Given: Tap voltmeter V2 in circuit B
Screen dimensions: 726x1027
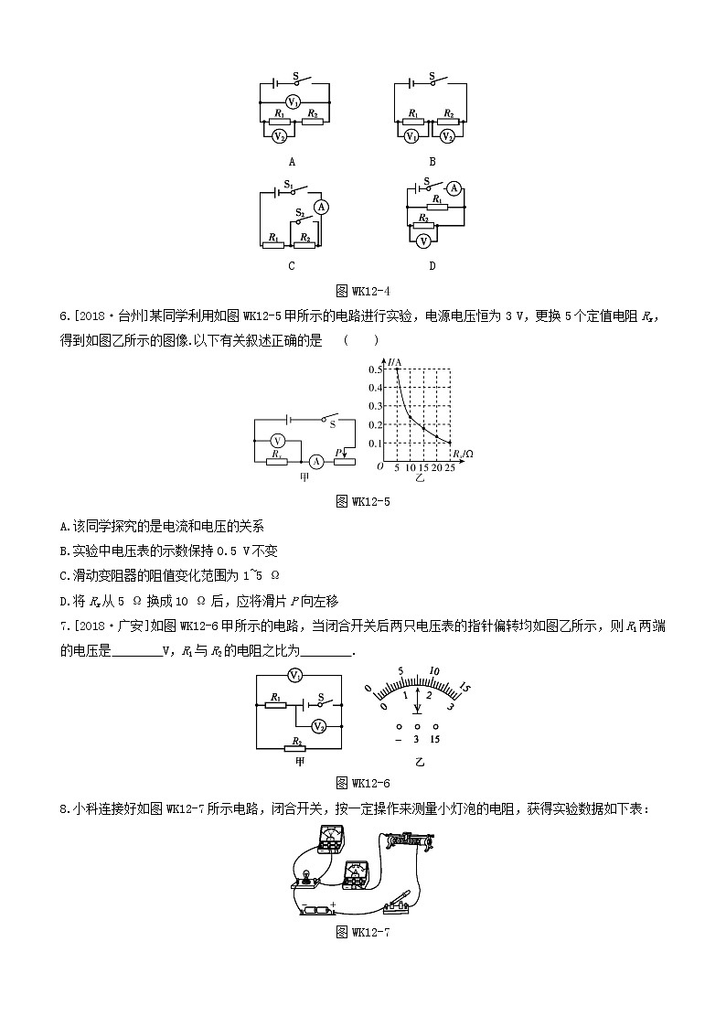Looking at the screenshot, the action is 447,136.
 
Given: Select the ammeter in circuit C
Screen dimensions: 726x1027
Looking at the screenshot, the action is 320,208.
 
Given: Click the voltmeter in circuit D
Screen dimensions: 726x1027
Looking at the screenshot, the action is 422,241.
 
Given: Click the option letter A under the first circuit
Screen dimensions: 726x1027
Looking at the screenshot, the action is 292,161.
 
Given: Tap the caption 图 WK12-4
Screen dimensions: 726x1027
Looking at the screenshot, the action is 363,291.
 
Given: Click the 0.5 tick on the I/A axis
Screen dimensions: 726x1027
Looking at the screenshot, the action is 376,369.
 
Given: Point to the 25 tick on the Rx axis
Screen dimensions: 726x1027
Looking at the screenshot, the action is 449,467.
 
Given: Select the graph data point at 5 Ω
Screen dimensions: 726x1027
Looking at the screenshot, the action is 397,369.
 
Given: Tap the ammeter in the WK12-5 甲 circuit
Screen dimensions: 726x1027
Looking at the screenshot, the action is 315,461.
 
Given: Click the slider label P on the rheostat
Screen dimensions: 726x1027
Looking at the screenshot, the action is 337,452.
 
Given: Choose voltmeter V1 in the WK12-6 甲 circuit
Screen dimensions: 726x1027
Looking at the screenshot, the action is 294,676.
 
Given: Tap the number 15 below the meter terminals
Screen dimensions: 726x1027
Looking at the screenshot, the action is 435,740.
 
